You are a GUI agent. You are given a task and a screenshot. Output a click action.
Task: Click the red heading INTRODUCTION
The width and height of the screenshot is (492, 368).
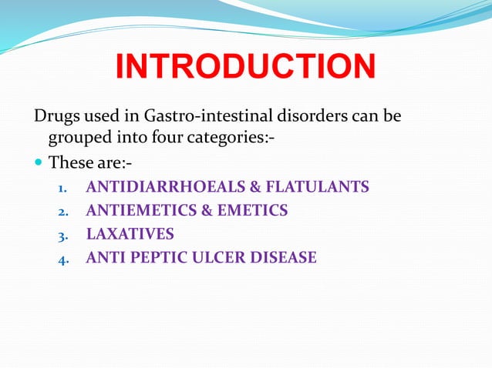[x=245, y=67]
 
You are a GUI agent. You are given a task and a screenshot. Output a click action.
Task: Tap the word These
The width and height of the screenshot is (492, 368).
[x=69, y=163]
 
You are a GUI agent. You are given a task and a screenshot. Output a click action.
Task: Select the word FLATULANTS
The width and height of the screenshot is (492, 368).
[x=315, y=187]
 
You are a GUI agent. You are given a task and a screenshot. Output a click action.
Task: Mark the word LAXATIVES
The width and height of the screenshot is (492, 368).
[x=130, y=234]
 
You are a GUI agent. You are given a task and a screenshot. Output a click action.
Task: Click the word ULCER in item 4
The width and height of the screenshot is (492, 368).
[x=222, y=257]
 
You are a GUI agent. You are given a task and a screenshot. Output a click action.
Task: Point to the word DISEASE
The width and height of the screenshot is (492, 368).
[x=284, y=257]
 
